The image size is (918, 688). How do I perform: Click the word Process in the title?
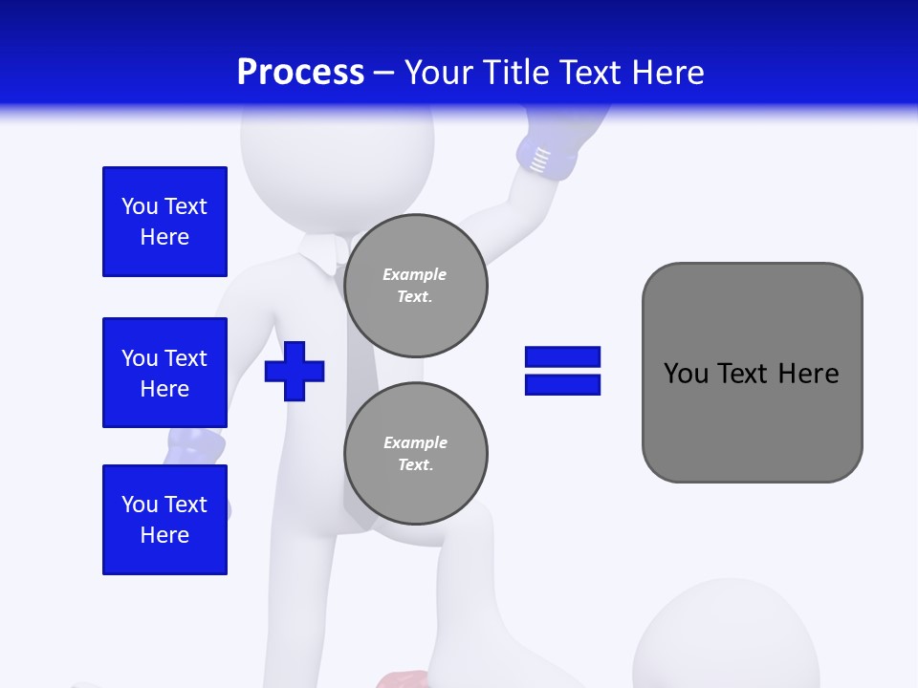pyautogui.click(x=300, y=73)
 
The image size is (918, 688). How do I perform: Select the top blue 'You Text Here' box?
pyautogui.click(x=164, y=222)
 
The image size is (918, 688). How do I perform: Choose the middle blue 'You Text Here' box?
pyautogui.click(x=164, y=373)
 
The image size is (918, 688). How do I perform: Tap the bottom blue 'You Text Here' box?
pyautogui.click(x=164, y=519)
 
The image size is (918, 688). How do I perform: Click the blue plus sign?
pyautogui.click(x=295, y=371)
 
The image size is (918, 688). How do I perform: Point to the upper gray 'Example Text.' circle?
pyautogui.click(x=416, y=286)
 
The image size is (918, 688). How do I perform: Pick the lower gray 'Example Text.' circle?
pyautogui.click(x=416, y=454)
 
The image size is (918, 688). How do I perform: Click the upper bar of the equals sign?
pyautogui.click(x=562, y=357)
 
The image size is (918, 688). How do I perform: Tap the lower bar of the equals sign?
pyautogui.click(x=562, y=384)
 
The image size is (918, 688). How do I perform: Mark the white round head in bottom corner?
pyautogui.click(x=727, y=640)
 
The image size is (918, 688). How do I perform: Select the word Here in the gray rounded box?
pyautogui.click(x=809, y=374)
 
